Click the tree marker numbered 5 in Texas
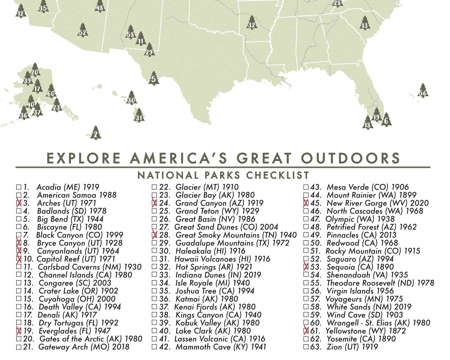click(153, 79)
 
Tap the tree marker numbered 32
click(252, 24)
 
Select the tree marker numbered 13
click(364, 24)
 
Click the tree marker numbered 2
click(96, 133)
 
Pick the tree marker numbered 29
click(149, 51)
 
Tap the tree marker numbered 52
click(82, 31)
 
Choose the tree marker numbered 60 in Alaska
click(51, 92)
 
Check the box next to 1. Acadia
click(19, 187)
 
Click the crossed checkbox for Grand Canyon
click(154, 203)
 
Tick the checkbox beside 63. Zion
click(306, 347)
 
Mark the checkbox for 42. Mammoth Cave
click(154, 347)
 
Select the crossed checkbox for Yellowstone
click(306, 331)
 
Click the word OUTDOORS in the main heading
click(350, 158)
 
